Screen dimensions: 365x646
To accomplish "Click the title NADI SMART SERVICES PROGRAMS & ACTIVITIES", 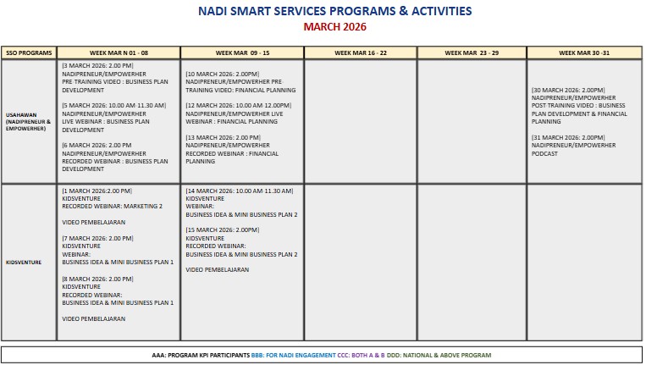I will point(323,12).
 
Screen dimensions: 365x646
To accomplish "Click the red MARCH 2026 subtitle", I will point(323,27).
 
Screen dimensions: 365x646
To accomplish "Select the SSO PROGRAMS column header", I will point(30,53).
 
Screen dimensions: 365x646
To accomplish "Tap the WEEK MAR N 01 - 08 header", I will point(119,53).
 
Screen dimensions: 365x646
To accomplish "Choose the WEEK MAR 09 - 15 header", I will point(242,53).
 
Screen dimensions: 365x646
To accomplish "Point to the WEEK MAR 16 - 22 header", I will point(360,53).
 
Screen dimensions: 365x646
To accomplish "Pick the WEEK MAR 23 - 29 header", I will point(472,53).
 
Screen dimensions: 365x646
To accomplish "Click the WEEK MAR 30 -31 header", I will point(583,53).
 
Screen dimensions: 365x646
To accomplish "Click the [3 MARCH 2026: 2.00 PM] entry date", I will point(97,64).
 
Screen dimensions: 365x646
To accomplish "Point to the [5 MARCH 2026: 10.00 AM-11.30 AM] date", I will point(114,104).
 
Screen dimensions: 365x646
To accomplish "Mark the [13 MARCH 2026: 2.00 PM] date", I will point(223,137).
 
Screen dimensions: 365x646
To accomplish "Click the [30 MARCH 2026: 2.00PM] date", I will point(568,89).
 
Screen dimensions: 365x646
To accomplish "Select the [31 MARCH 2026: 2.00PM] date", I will point(568,137).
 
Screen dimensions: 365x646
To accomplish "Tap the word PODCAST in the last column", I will point(545,153).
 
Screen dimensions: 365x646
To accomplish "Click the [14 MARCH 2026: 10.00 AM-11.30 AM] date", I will point(240,191).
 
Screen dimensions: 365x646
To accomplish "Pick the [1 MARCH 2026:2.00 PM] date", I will point(97,191).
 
